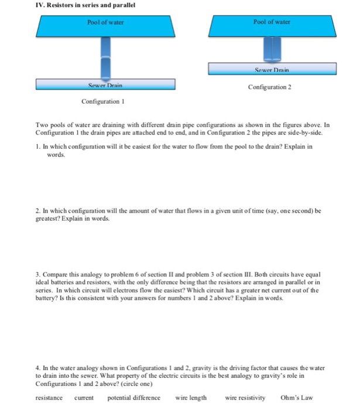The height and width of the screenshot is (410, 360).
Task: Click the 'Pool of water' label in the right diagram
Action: [x=272, y=22]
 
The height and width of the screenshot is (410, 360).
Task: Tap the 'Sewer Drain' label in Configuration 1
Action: [x=105, y=85]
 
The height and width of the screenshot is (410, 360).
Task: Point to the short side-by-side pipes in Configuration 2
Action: [x=272, y=50]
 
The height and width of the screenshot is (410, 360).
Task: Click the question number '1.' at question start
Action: [x=39, y=147]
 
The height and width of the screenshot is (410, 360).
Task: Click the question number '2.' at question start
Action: [x=39, y=210]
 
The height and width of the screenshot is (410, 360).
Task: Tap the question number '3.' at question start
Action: [x=39, y=274]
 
